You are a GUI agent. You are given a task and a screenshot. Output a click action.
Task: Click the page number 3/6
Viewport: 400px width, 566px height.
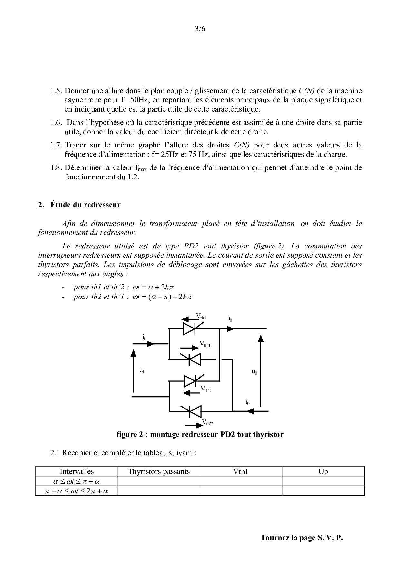(200, 29)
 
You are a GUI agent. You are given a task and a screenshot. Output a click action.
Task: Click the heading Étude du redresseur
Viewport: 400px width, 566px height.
(85, 205)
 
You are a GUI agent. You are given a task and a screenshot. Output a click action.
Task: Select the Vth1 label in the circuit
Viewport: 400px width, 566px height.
(201, 317)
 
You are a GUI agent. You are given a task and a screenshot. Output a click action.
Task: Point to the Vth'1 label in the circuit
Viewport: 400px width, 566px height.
(205, 344)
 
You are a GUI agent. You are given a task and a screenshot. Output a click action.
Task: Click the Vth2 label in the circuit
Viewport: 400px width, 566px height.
(206, 389)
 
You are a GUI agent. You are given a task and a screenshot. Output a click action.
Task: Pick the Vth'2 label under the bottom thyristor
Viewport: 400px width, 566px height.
(207, 422)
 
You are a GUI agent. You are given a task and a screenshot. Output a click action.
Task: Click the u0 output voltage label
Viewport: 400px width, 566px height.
(254, 372)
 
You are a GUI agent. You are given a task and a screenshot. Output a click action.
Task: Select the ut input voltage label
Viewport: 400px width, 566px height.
(141, 370)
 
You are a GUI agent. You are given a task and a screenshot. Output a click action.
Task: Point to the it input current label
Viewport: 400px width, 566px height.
(144, 337)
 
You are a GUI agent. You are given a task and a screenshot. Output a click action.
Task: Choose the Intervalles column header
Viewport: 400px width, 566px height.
(77, 471)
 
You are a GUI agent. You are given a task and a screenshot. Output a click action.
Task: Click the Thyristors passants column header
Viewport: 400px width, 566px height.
(159, 471)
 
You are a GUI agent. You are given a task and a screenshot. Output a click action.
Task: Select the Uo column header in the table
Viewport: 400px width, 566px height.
(323, 471)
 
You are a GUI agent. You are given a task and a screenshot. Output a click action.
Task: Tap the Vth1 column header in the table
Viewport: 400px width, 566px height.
(241, 471)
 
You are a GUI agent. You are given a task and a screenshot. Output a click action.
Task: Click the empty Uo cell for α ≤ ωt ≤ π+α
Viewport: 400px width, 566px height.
(323, 481)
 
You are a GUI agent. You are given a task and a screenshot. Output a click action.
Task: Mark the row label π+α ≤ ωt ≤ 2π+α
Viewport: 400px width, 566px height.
(77, 491)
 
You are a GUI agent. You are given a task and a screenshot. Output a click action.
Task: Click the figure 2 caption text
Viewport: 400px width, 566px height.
(200, 434)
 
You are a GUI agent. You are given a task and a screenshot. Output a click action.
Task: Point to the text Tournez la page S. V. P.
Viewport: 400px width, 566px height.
(302, 538)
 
